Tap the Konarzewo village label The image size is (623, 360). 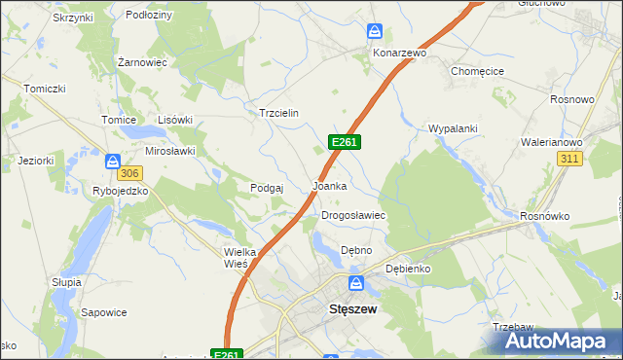(398, 53)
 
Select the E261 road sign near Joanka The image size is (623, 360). (345, 142)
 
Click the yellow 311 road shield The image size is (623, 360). (570, 158)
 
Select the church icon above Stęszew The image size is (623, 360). (356, 283)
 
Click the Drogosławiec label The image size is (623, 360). (354, 215)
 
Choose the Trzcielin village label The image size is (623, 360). (277, 113)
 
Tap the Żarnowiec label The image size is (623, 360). (143, 61)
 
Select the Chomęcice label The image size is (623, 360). (477, 71)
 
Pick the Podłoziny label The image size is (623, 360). (149, 16)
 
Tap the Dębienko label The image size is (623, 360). (408, 268)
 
